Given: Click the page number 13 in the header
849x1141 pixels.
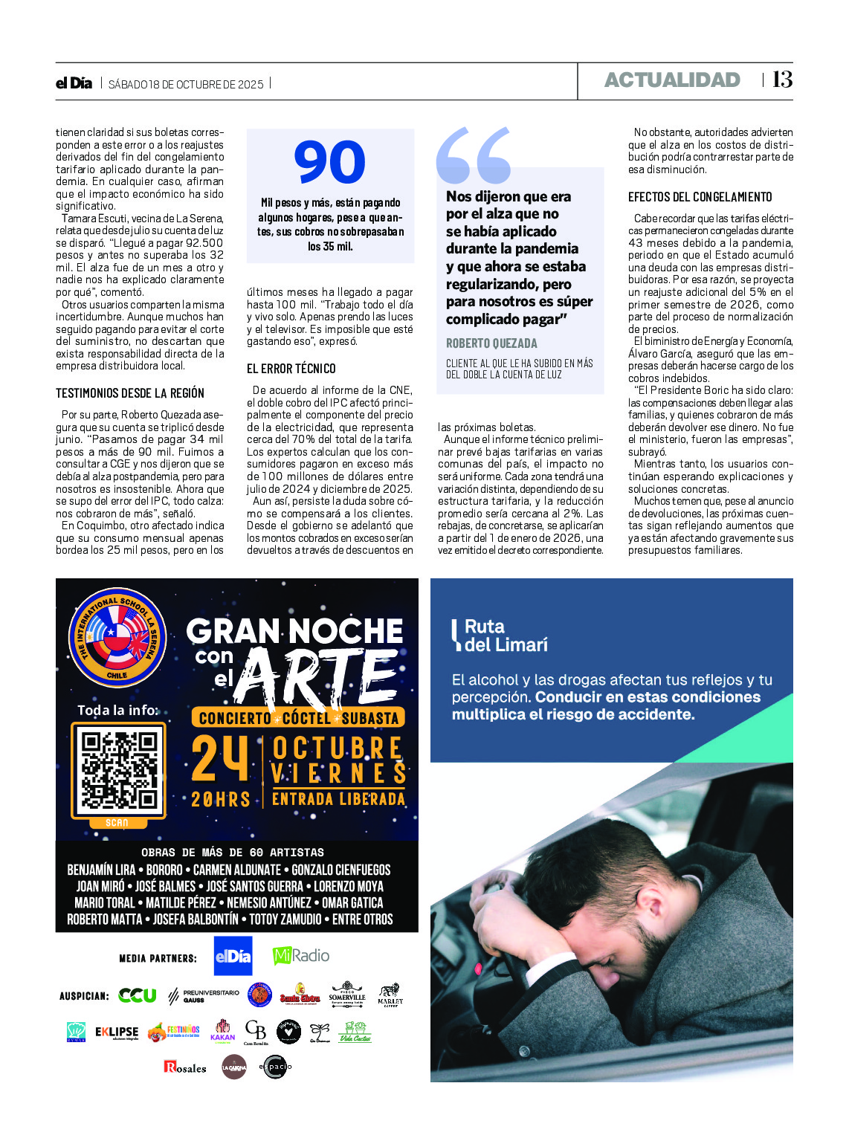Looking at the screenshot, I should point(782,80).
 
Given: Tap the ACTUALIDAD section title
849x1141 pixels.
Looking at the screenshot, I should point(672,80).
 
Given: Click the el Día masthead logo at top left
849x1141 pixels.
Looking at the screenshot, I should point(74,83).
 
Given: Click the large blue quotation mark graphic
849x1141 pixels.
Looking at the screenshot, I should point(474,155).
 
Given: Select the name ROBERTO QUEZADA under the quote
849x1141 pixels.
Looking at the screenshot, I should point(491,343).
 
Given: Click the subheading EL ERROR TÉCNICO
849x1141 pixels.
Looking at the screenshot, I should point(291,369).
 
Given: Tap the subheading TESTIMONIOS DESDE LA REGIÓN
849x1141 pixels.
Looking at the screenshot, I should point(130,393).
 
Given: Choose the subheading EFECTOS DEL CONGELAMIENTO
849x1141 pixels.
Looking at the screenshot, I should point(700,197).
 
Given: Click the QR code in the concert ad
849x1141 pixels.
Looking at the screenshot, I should point(119,770).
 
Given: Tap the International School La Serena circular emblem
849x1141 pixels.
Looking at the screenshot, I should point(117,637).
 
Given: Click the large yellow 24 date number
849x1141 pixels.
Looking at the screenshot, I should point(219,759).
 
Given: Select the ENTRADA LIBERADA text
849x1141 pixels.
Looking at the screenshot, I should point(338,800).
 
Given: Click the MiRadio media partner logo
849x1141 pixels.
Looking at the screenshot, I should point(301,956).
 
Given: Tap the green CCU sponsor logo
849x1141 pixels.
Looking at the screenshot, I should point(138,995).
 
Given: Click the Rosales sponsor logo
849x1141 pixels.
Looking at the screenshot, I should point(185,1067).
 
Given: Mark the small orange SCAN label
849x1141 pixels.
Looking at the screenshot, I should point(117,823).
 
